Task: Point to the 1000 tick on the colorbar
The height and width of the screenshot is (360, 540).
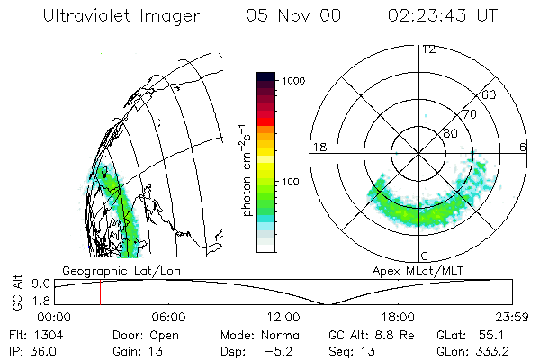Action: click(296, 81)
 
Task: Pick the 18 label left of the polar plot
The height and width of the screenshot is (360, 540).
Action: click(318, 147)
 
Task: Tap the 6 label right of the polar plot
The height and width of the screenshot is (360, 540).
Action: click(524, 147)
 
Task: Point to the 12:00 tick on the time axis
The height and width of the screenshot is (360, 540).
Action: click(283, 317)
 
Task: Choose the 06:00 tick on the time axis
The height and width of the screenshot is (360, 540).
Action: click(168, 317)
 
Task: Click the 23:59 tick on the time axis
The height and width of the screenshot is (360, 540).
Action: click(512, 317)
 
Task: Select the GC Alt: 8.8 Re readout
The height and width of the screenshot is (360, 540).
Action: click(364, 335)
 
